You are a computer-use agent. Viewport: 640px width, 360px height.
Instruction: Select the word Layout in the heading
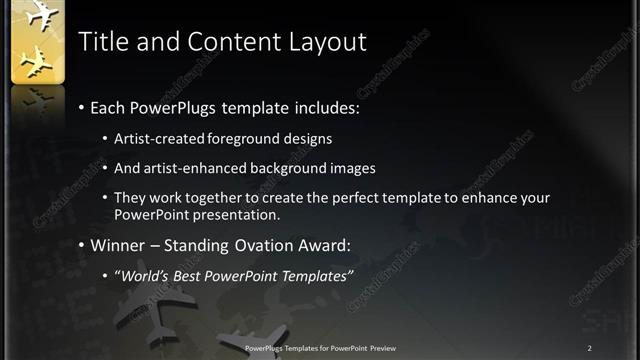click(x=331, y=41)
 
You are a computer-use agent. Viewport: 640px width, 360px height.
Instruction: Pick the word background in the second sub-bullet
click(x=290, y=168)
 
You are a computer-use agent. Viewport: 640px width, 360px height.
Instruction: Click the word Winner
click(x=122, y=244)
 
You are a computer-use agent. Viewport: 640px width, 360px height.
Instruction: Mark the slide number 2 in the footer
click(x=590, y=347)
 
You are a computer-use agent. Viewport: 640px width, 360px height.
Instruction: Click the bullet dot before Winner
click(x=81, y=245)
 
